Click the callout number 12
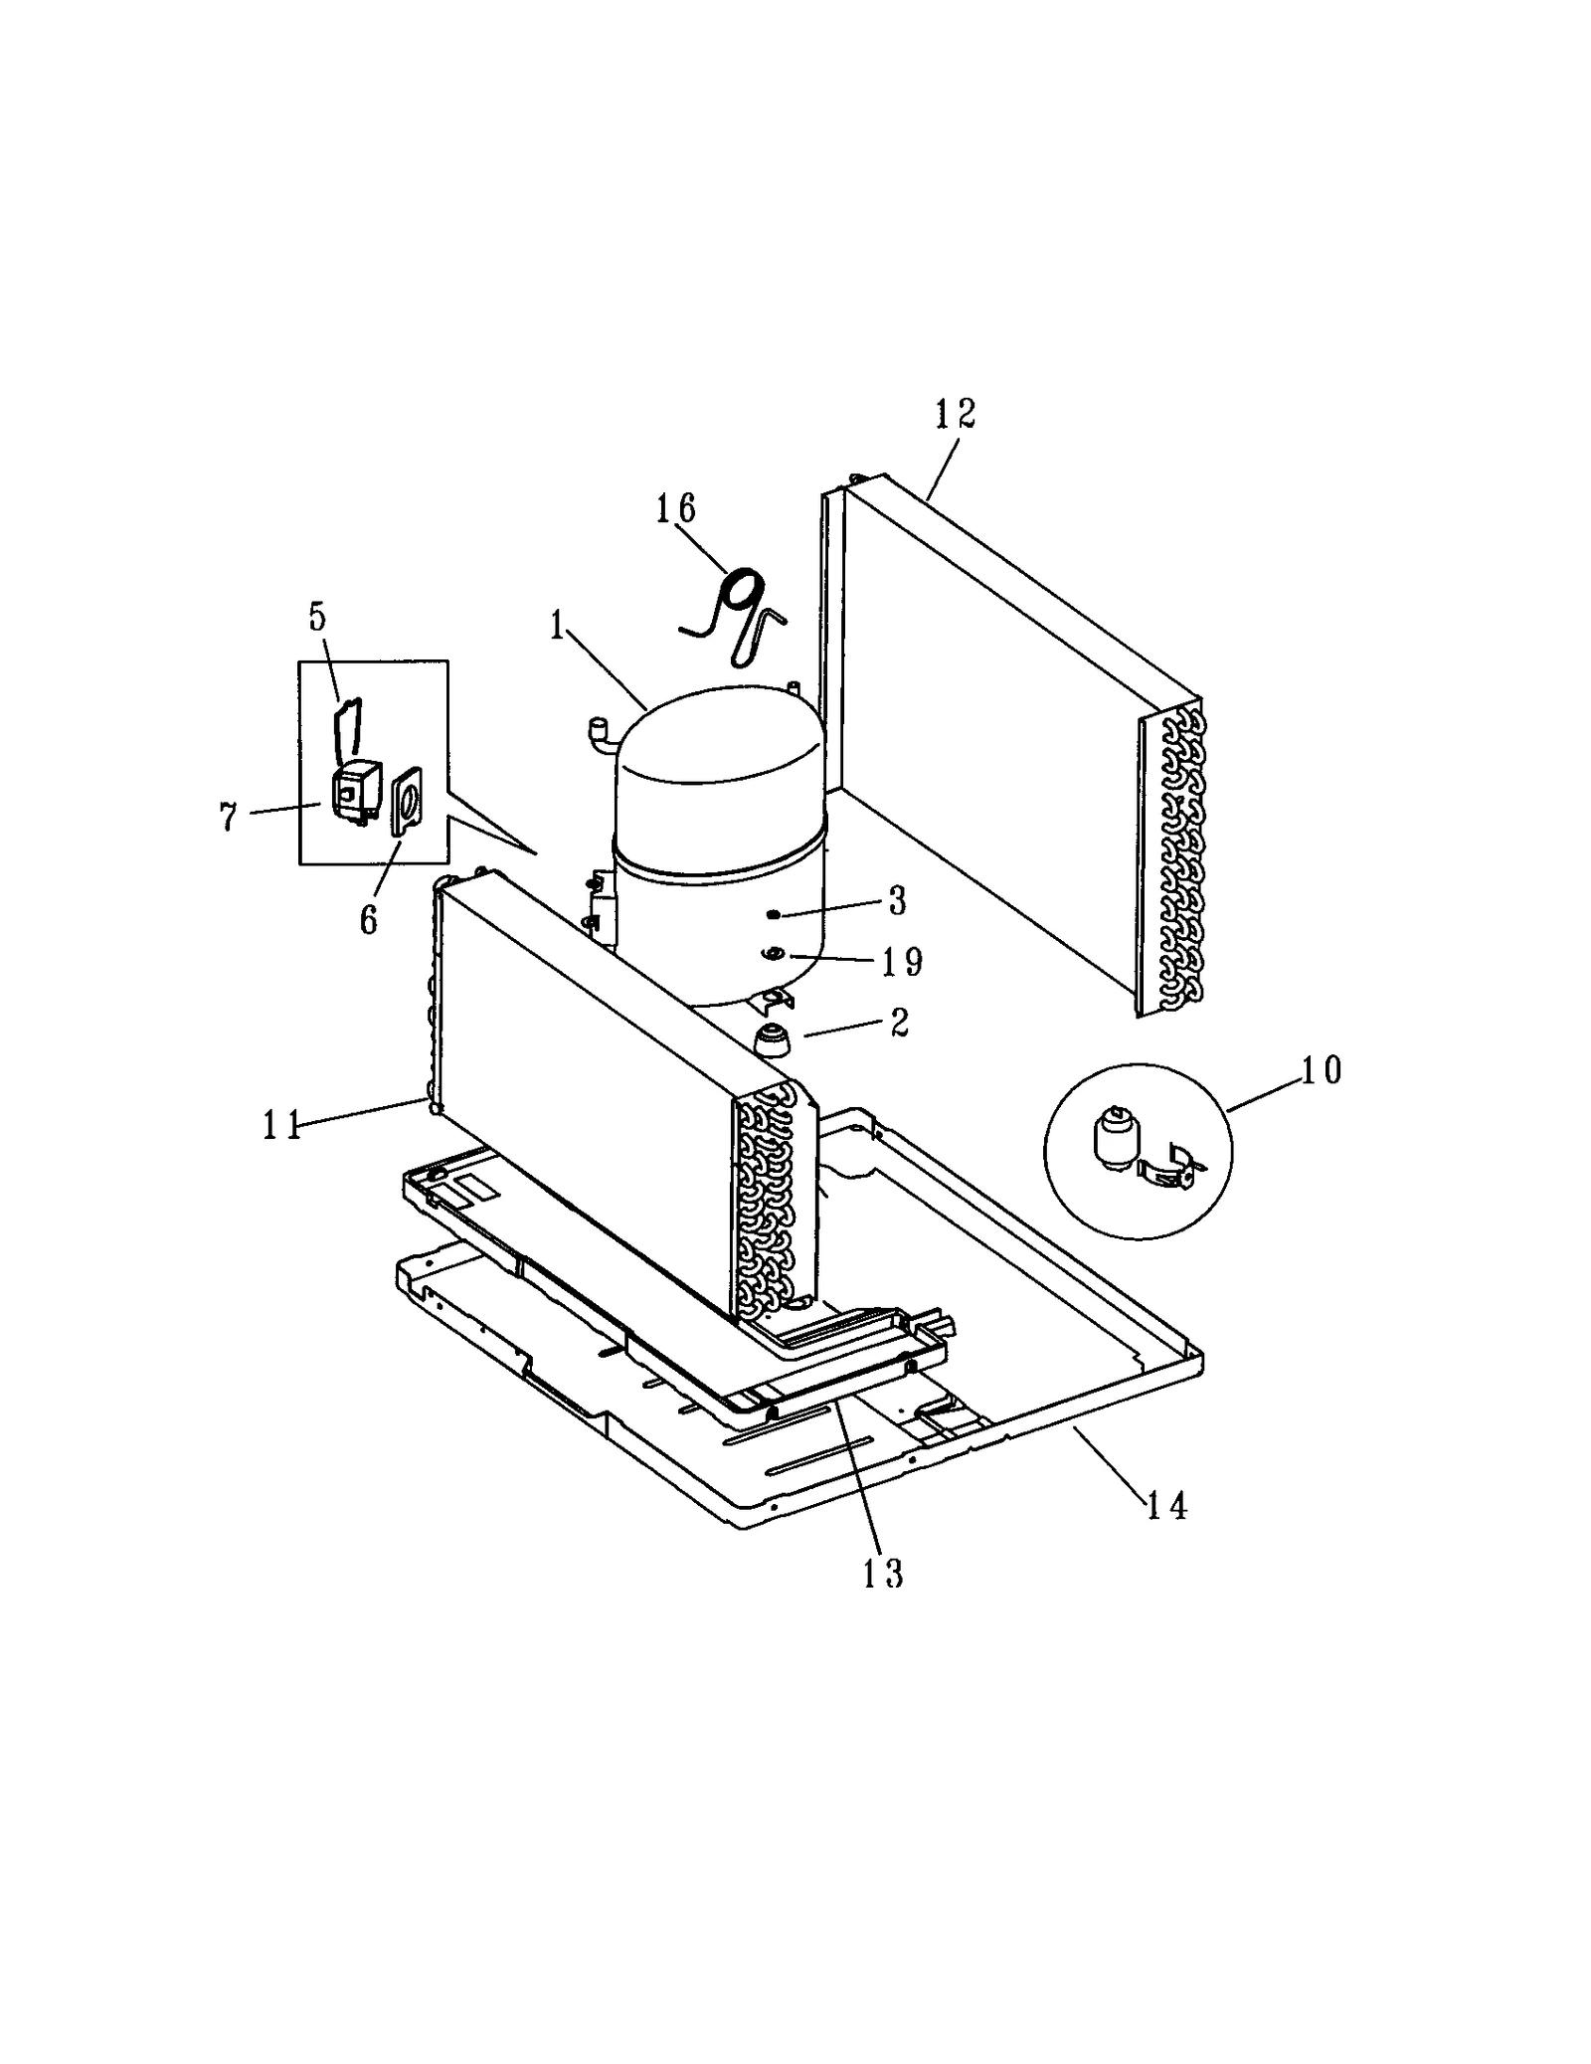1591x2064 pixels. [955, 414]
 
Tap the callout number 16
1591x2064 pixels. [675, 508]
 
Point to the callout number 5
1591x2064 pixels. [317, 617]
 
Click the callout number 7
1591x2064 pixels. [229, 817]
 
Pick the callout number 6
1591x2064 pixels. [369, 920]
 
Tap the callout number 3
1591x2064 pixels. [897, 901]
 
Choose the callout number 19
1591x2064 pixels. [902, 962]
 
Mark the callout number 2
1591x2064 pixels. [899, 1024]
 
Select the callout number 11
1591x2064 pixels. [281, 1125]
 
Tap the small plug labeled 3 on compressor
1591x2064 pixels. [773, 913]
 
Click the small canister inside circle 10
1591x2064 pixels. [1111, 1138]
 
